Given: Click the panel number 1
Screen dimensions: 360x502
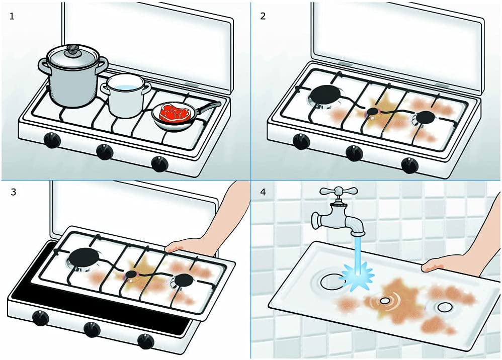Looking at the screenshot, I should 12,16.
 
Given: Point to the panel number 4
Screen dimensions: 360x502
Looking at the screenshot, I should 263,193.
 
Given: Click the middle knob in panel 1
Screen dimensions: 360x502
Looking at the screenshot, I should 105,151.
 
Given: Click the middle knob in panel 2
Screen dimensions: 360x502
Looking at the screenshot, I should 354,152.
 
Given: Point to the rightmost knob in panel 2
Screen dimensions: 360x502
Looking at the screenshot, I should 409,164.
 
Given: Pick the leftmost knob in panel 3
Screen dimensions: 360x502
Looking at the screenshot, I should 39,318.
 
